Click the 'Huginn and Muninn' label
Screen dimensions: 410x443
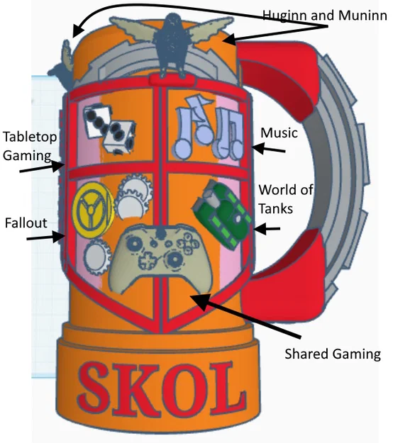tap(325, 16)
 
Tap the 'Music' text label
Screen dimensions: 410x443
tap(279, 133)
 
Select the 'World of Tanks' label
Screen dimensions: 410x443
tap(286, 199)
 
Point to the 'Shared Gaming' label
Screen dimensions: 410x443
tap(333, 354)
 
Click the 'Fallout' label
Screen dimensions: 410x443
tap(26, 223)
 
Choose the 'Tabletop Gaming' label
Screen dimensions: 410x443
tap(30, 146)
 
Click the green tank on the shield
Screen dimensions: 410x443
tap(222, 214)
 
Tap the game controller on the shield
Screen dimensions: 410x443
tap(160, 258)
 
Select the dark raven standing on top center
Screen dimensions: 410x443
tap(172, 45)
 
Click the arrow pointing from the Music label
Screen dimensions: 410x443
tap(269, 149)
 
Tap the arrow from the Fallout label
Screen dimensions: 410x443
tap(46, 237)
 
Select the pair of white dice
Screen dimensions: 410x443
tap(109, 128)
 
